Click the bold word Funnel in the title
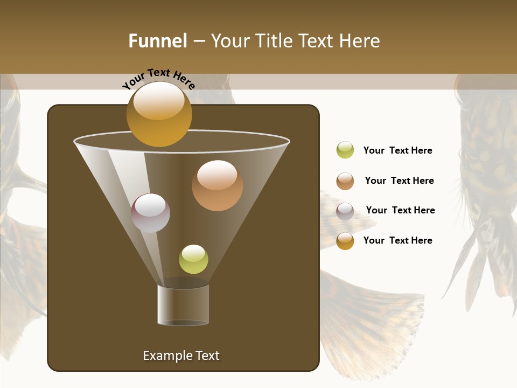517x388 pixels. coord(158,41)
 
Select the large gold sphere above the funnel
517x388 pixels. coord(159,114)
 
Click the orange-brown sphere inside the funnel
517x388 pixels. coord(217,185)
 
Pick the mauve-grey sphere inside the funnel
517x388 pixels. coord(150,213)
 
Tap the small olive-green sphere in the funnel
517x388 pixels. coord(193,259)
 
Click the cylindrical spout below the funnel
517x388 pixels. coord(183,305)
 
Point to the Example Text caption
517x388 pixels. coord(181,356)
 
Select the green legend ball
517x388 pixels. coord(345,150)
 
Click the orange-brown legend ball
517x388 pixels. coord(345,181)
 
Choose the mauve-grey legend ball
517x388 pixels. coord(345,211)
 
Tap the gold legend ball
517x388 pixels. coord(345,241)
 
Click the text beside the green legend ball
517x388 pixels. coord(397,151)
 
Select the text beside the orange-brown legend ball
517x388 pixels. coord(399,181)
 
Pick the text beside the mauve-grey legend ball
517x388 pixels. coord(400,211)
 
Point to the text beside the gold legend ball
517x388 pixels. coord(397,240)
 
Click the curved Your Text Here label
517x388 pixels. coord(158,78)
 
